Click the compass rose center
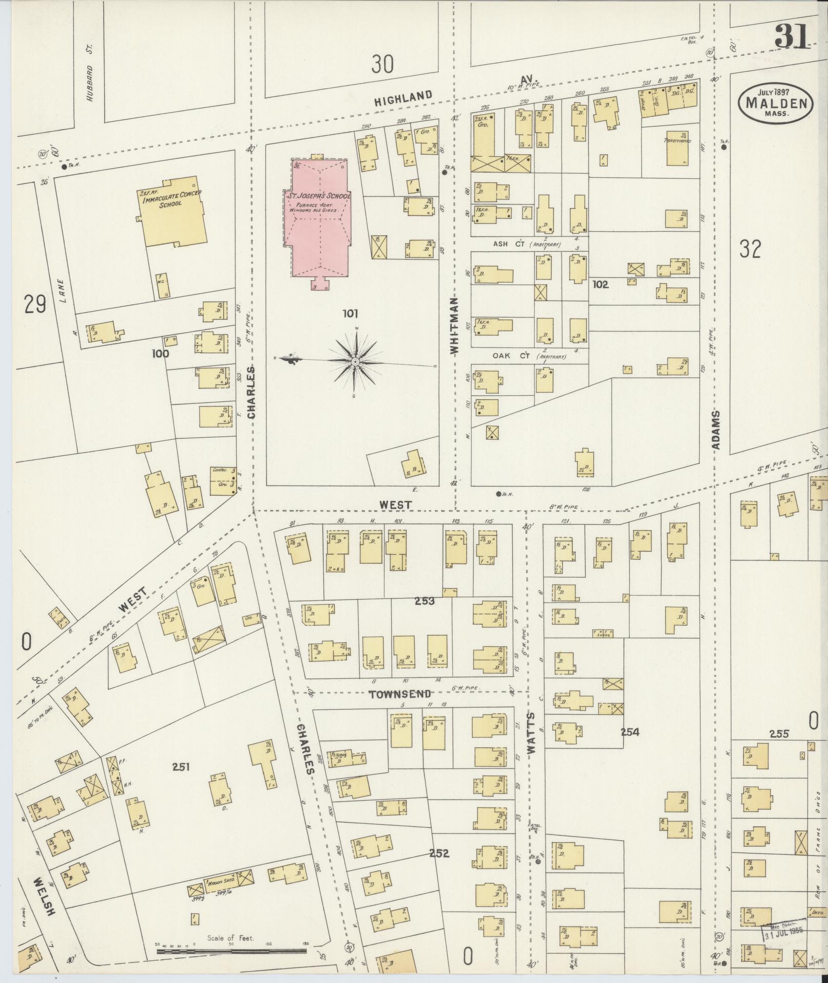(355, 362)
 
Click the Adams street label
(717, 430)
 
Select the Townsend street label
(400, 694)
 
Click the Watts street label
(531, 732)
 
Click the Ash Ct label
(508, 244)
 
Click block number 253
(425, 601)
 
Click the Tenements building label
(677, 140)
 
